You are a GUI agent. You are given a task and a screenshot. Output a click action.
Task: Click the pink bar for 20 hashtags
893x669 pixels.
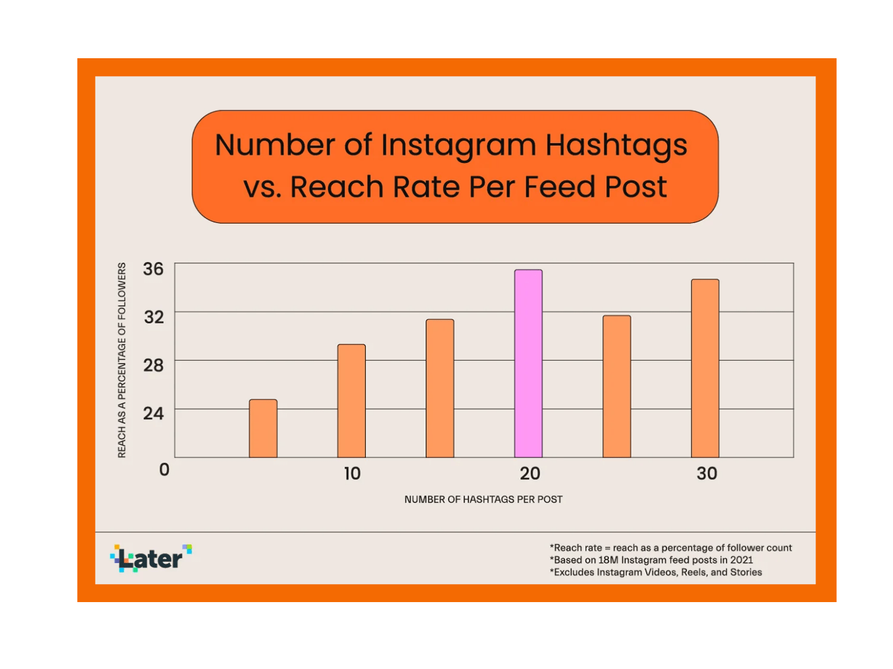pos(528,363)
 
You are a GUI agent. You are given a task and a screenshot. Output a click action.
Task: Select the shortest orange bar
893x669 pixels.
pos(263,428)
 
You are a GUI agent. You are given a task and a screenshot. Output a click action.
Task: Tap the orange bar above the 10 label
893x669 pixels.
pos(352,400)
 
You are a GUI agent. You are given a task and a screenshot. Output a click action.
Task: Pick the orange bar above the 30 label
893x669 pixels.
pos(705,368)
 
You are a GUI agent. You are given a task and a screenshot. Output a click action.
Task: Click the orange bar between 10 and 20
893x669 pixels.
pos(440,388)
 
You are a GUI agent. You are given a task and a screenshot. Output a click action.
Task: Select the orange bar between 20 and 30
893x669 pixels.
pos(617,386)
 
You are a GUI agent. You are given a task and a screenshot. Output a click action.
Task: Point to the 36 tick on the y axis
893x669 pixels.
pos(153,269)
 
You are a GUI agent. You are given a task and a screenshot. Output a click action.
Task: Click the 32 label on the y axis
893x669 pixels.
pos(154,317)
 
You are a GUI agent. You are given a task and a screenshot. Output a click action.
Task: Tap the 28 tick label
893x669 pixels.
pos(154,365)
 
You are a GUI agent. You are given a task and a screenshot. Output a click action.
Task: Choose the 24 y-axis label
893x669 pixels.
pos(154,413)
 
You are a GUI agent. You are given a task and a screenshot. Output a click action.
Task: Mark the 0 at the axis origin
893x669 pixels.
pos(164,469)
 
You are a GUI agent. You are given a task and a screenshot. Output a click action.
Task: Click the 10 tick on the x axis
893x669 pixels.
pos(352,473)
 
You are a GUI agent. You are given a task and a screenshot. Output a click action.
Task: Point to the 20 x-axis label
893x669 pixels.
pos(529,473)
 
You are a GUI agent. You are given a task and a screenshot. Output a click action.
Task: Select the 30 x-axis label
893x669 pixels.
pos(707,473)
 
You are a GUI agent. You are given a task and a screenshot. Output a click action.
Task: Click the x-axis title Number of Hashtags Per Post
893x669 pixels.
pos(483,499)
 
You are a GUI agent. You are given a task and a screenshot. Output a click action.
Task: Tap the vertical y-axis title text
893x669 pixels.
pos(121,360)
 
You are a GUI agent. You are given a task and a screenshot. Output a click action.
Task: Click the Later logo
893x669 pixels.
pos(151,558)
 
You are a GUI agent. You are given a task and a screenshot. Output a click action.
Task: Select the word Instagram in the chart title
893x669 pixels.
pos(458,146)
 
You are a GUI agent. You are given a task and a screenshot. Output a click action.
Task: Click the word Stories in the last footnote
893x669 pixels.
pos(746,572)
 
